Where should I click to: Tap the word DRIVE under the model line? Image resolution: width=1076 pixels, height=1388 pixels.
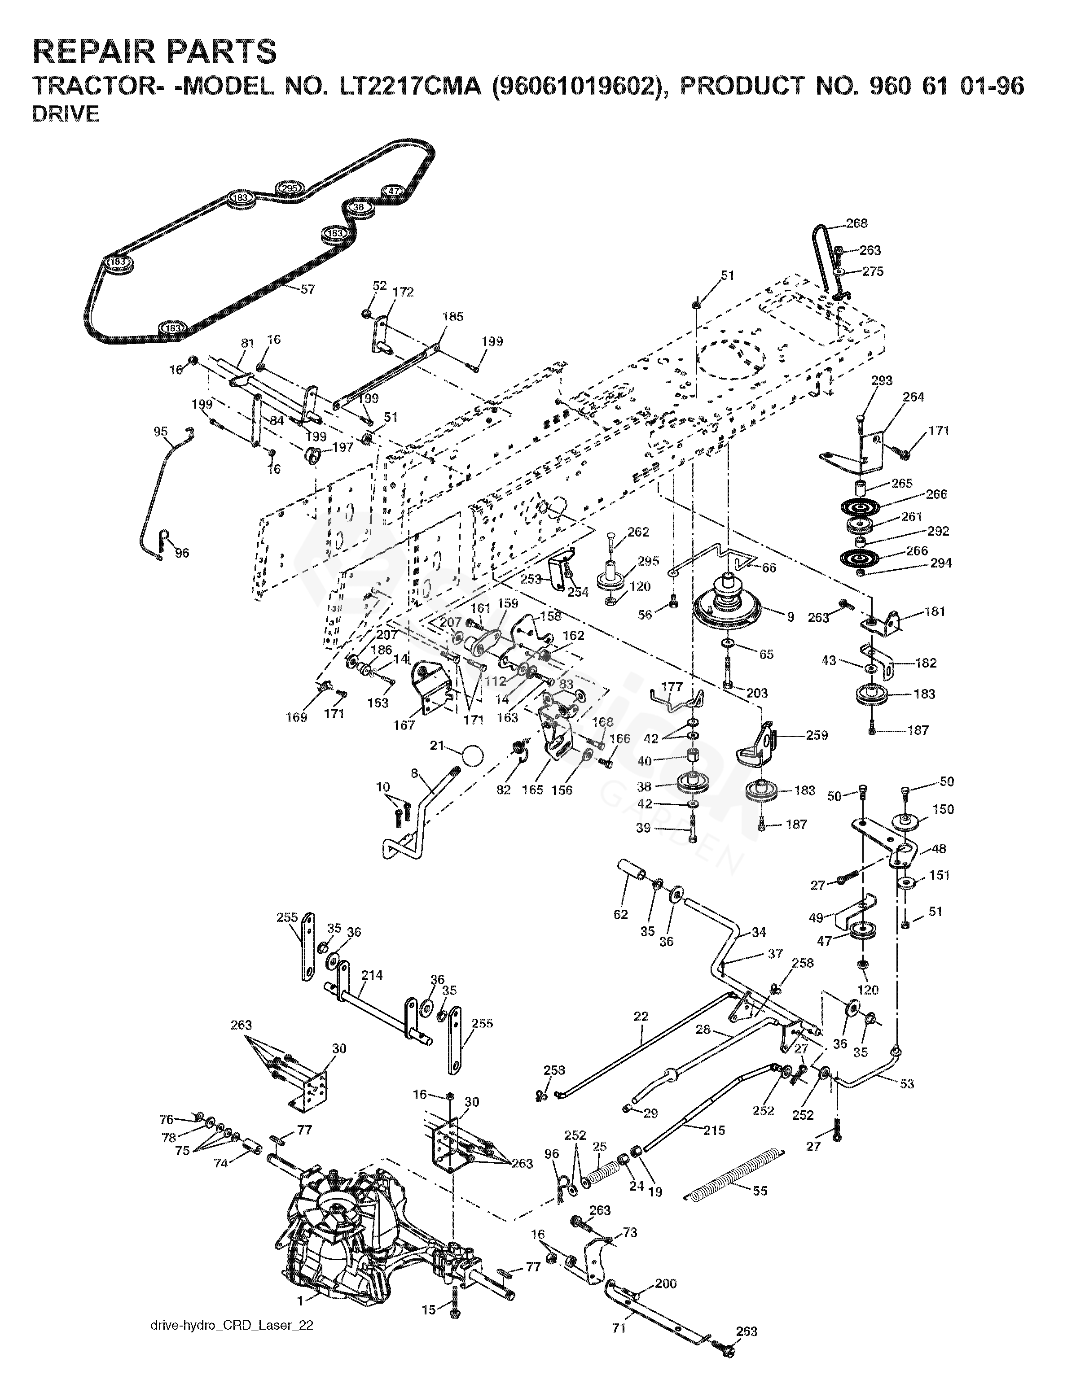66,115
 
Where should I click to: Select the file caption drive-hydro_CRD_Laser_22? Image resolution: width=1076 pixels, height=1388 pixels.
232,1340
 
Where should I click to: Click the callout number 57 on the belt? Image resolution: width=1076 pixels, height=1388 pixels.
308,289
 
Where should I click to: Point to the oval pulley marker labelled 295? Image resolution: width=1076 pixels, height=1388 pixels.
290,188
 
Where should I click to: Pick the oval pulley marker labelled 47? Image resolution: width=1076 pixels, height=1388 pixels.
394,191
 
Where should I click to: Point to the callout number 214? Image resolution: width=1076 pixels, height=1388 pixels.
372,975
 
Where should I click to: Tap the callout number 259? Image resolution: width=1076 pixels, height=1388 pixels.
817,735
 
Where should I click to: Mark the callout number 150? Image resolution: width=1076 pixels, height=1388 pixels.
943,809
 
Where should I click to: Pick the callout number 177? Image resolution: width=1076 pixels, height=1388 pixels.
672,686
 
